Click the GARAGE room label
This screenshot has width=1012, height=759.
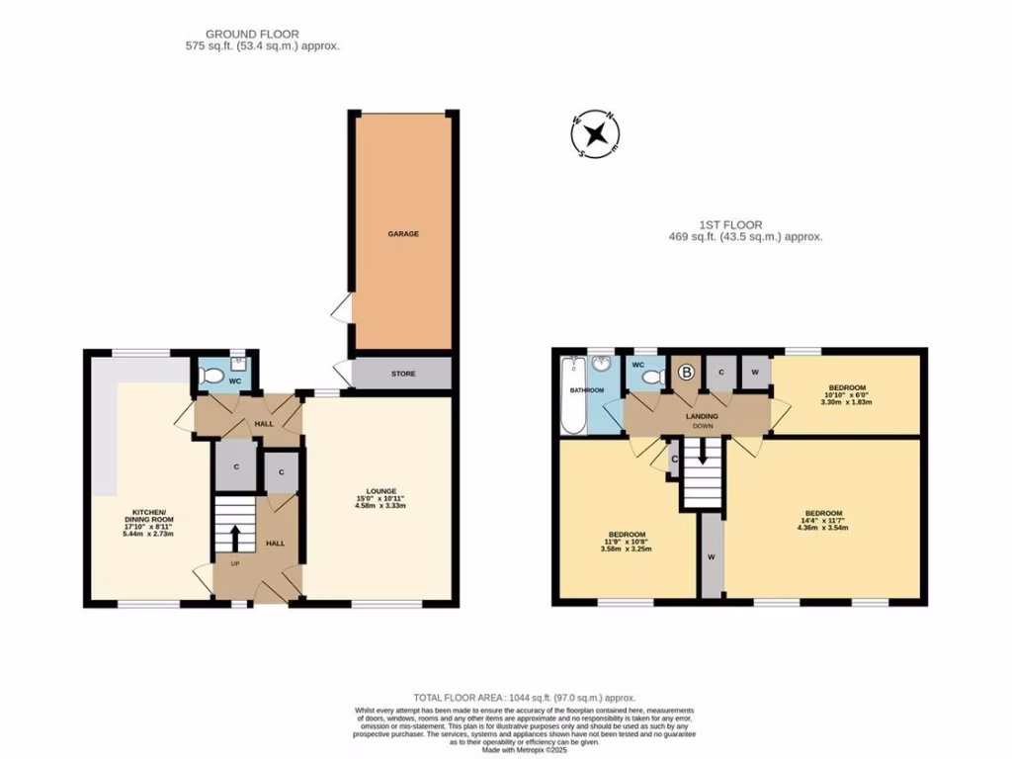tap(402, 234)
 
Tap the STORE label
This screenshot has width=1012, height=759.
tap(402, 374)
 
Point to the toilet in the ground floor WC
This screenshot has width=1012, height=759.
tap(210, 376)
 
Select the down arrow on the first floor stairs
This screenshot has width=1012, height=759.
tap(703, 453)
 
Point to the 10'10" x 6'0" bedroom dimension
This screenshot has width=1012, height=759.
tap(847, 394)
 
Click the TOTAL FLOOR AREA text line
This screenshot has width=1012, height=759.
tap(525, 698)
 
